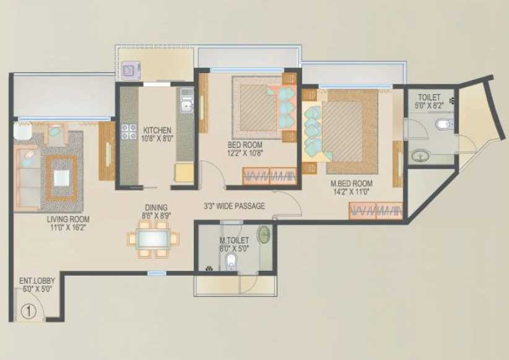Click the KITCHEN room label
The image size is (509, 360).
pyautogui.click(x=157, y=130)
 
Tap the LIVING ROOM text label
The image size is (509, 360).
pyautogui.click(x=67, y=219)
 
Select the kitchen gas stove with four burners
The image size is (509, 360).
pyautogui.click(x=129, y=131)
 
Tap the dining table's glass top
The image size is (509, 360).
pyautogui.click(x=153, y=238)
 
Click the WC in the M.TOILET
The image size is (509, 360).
pyautogui.click(x=231, y=261)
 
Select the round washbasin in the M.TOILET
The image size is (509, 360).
pyautogui.click(x=264, y=235)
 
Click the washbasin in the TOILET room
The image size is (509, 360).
pyautogui.click(x=419, y=156)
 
